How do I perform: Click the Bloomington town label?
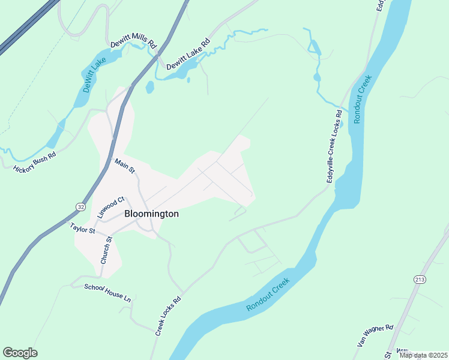[151, 214]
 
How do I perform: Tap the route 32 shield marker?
[80, 206]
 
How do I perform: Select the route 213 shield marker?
[420, 279]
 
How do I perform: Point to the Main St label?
[125, 166]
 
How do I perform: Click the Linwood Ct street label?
[110, 208]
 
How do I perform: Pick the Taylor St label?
[83, 229]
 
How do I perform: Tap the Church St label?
[106, 251]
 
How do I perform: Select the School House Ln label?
[107, 292]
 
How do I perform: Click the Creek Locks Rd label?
[169, 316]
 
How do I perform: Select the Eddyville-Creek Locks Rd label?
[334, 146]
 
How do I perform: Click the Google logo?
[20, 353]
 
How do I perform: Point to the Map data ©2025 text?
[423, 355]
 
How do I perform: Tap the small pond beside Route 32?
[149, 88]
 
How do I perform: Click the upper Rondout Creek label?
[363, 99]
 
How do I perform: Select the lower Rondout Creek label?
[268, 294]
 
